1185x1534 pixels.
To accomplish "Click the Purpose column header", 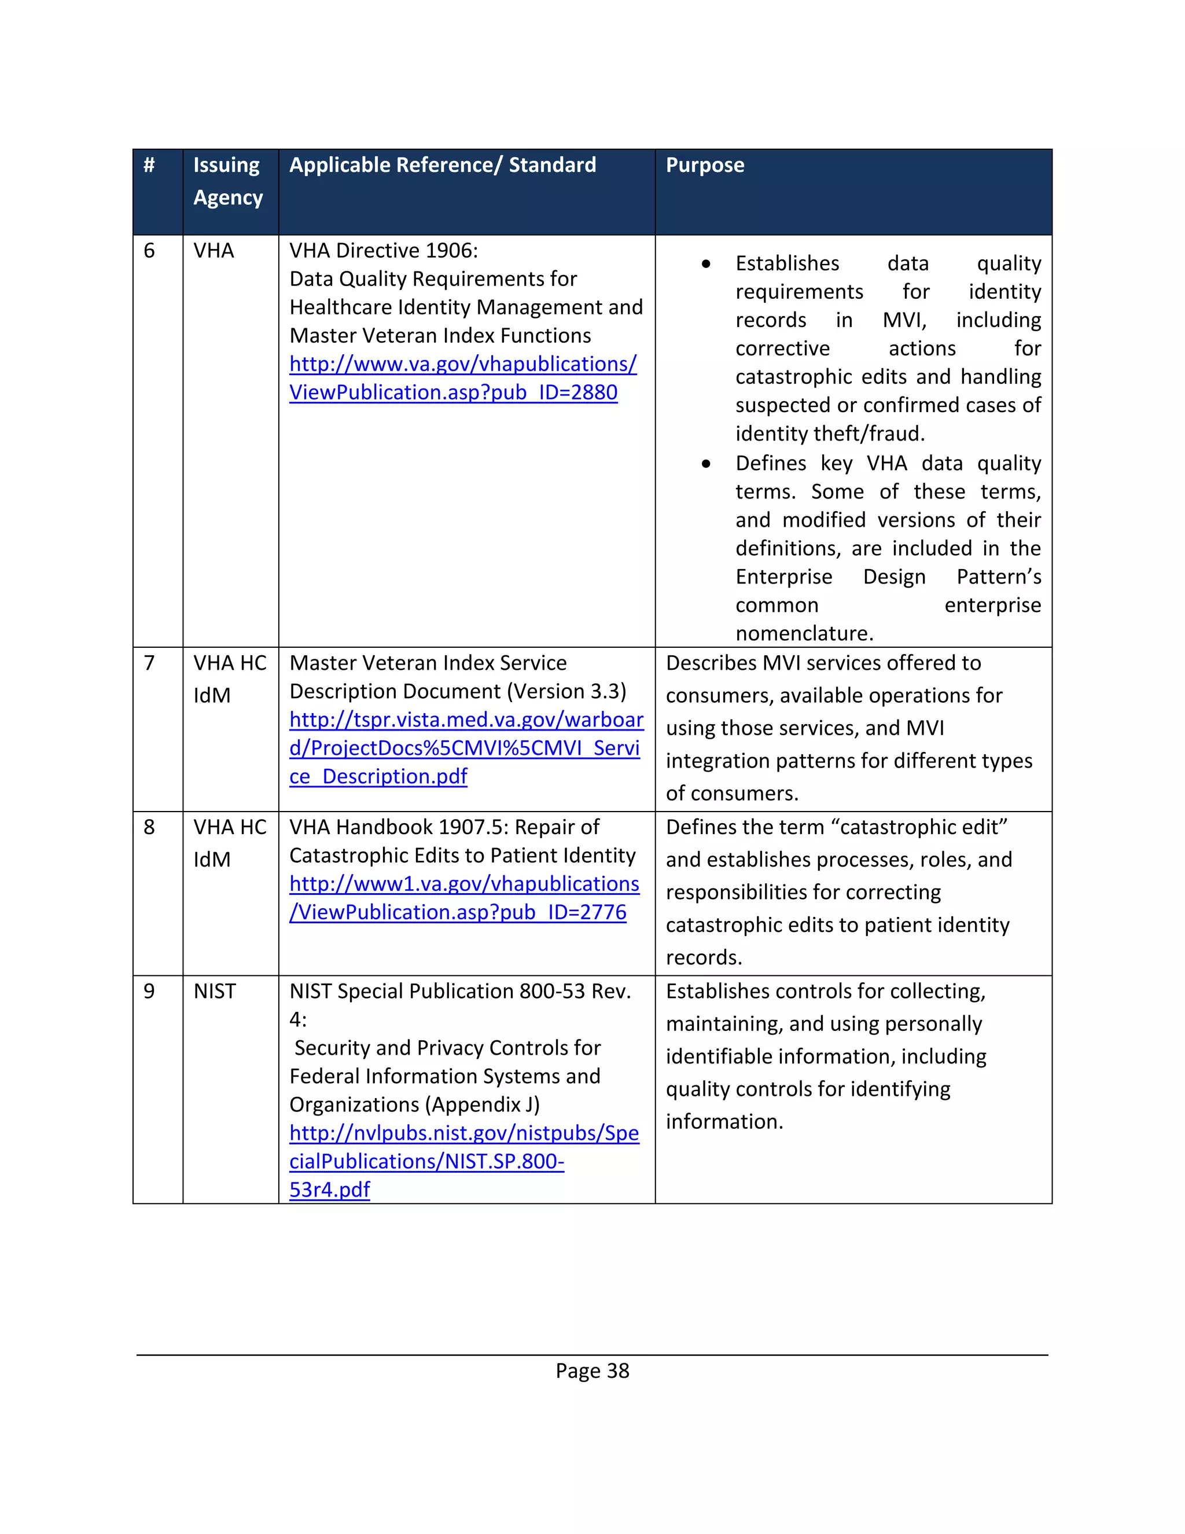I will tap(705, 165).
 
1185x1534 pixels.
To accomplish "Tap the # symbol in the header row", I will tap(149, 165).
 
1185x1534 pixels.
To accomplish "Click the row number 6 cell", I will tap(149, 251).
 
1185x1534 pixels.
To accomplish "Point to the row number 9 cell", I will tap(149, 991).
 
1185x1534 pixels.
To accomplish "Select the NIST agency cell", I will tap(215, 991).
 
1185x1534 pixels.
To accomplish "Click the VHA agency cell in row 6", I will tap(214, 251).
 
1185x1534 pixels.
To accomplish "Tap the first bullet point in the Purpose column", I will tap(706, 264).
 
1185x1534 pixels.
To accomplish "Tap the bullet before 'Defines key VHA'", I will tap(706, 464).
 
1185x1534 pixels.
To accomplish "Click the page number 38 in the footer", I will tap(618, 1370).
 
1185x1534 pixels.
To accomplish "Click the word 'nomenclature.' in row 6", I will tap(804, 633).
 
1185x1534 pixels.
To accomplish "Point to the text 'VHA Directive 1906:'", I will tap(383, 251).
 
